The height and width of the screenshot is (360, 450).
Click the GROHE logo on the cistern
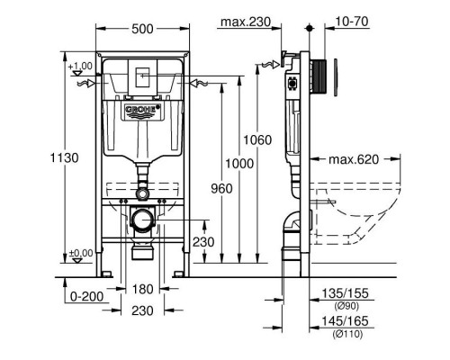[x=142, y=112]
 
